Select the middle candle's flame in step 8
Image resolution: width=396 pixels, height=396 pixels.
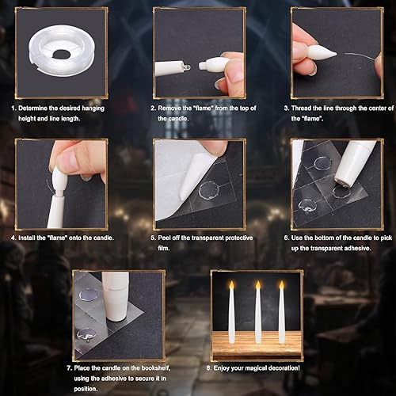257,284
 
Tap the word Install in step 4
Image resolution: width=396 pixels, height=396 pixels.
36,238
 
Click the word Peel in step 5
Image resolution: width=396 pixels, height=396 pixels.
171,238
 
